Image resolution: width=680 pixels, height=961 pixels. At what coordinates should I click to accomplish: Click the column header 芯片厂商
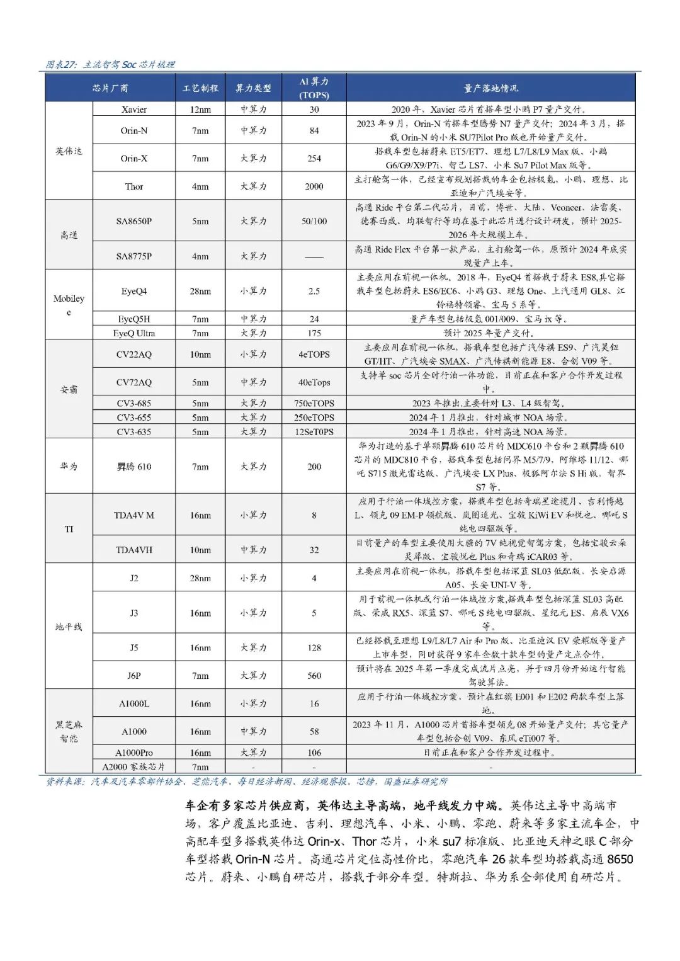[110, 88]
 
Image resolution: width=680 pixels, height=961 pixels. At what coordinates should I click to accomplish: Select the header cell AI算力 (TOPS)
[314, 88]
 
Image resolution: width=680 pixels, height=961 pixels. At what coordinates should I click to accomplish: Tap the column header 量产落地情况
[490, 88]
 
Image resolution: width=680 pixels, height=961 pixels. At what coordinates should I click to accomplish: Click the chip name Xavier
[134, 110]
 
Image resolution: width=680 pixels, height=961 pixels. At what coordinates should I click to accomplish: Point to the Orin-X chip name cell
[134, 159]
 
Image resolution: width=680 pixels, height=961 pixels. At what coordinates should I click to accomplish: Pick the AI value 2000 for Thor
[314, 186]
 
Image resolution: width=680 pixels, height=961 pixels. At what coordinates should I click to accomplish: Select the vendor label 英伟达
[69, 151]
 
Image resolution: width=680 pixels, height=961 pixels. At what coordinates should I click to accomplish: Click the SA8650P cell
[134, 221]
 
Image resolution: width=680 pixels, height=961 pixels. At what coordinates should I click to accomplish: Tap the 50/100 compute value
[314, 221]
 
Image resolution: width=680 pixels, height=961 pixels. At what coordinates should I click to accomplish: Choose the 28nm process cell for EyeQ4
[200, 291]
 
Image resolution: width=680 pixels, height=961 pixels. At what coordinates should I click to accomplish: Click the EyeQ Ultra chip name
[134, 333]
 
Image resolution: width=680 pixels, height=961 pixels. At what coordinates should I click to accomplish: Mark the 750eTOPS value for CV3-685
[314, 403]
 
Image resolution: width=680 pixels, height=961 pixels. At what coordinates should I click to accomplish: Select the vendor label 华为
[69, 467]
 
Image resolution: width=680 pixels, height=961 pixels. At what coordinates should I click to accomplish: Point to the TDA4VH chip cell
[134, 550]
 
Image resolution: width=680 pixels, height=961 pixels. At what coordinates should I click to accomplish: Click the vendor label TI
[69, 529]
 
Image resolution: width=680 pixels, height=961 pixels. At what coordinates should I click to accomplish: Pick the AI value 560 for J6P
[314, 676]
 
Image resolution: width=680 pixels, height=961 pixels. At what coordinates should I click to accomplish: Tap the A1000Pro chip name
[134, 753]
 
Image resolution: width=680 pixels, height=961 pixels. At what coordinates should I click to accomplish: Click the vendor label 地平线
[69, 627]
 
